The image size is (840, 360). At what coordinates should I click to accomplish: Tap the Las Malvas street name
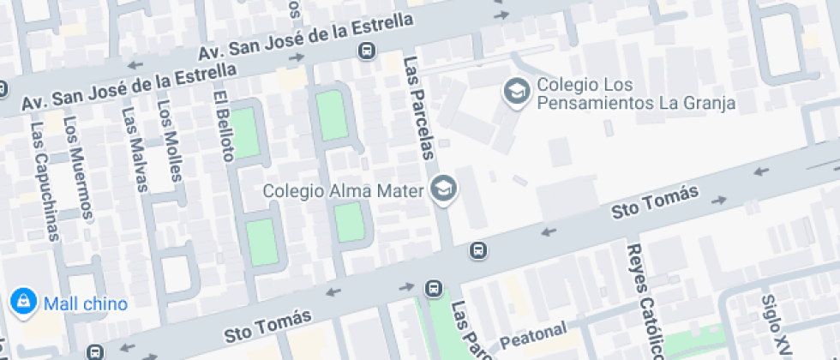click(135, 149)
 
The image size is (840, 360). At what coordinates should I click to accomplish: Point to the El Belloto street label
click(225, 126)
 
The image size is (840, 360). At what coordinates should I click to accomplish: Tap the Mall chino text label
click(86, 303)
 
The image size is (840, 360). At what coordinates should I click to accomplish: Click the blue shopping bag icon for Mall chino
click(21, 302)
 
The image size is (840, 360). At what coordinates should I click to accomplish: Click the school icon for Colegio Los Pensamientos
click(516, 90)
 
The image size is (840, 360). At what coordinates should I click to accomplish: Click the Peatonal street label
click(534, 335)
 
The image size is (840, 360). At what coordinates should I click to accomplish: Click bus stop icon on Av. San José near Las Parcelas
click(367, 51)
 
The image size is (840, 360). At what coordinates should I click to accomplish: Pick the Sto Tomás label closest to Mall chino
click(267, 325)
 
